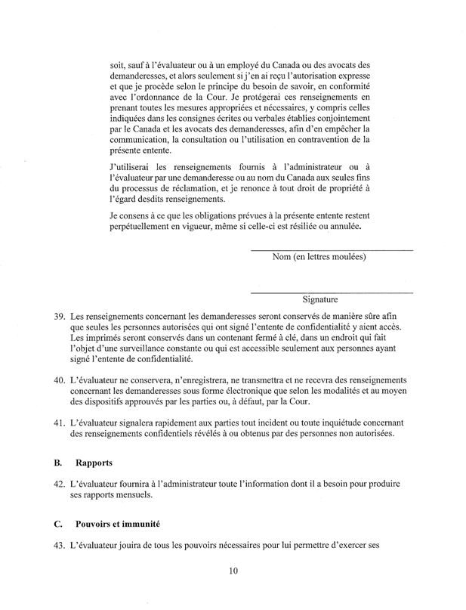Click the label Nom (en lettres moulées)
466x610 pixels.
(x=319, y=257)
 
